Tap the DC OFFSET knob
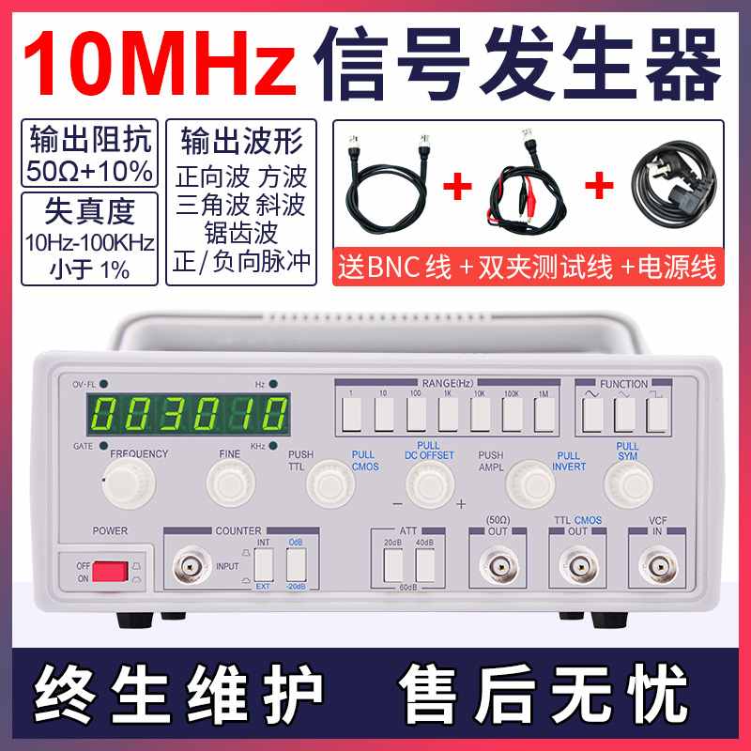coord(429,483)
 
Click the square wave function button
coord(656,413)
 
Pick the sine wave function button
coord(591,413)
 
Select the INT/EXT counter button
coord(265,563)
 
